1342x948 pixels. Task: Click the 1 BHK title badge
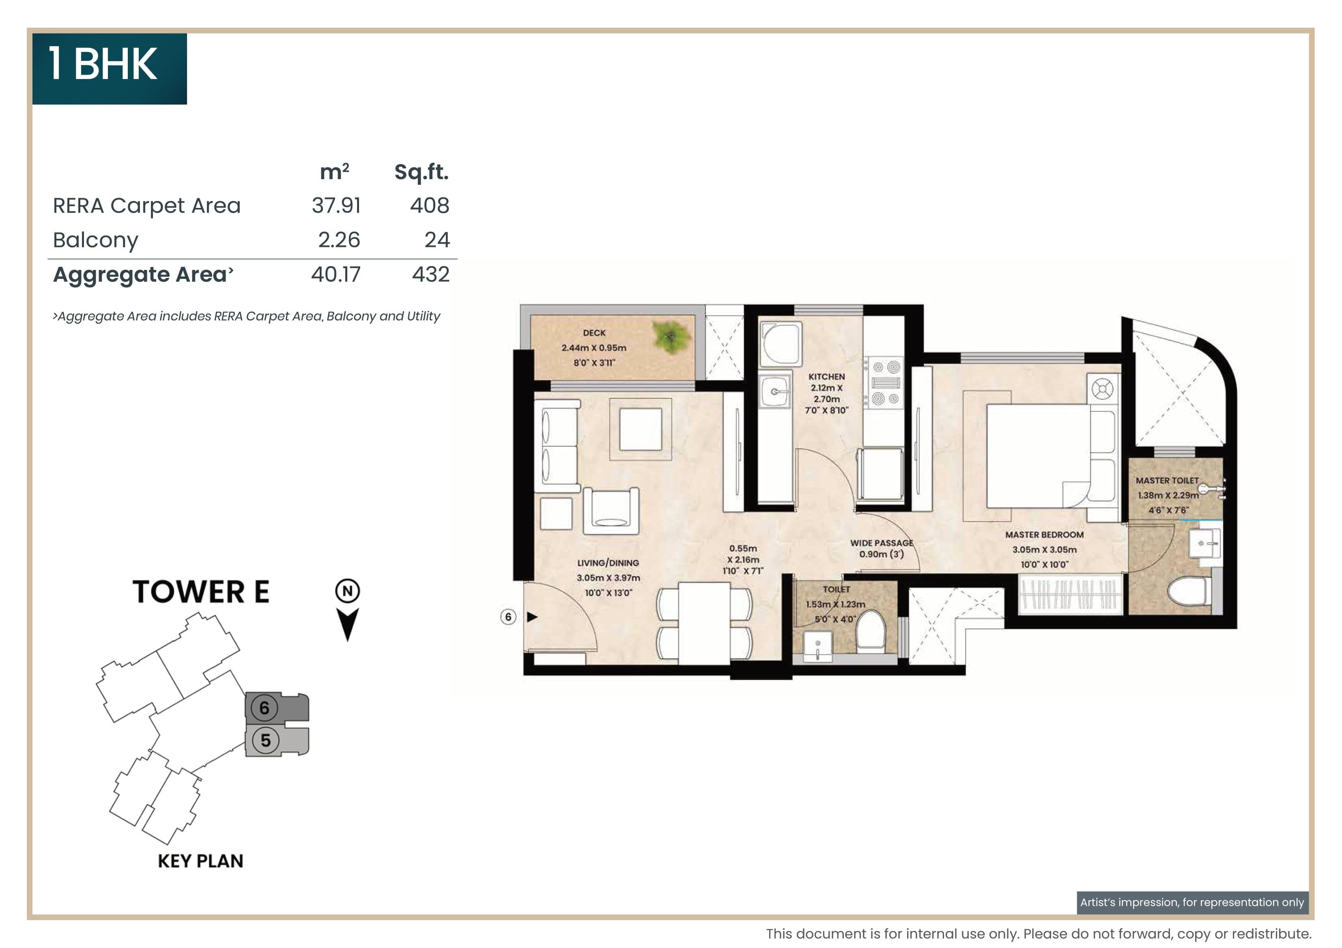[x=109, y=68]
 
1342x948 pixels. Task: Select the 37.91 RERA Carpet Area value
[x=336, y=205]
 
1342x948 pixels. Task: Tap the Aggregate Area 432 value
[x=431, y=274]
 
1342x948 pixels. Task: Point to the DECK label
[x=594, y=333]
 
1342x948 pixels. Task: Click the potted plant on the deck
[x=671, y=338]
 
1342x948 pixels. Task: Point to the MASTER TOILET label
[x=1167, y=480]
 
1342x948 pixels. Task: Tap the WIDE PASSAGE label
[x=882, y=543]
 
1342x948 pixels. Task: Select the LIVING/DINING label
[x=608, y=563]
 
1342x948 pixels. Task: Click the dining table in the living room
[x=704, y=622]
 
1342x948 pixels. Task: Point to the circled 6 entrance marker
[x=508, y=617]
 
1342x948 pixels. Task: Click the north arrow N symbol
[x=348, y=591]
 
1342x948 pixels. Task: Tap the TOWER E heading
[x=200, y=592]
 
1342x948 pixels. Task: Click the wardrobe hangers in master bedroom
[x=1070, y=594]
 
